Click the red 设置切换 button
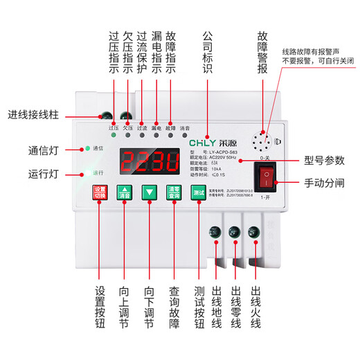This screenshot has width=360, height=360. tap(100, 192)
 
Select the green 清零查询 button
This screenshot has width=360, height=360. tap(173, 192)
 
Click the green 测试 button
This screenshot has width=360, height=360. tap(199, 192)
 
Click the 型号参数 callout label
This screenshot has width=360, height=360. tap(323, 161)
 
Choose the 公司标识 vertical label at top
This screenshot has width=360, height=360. tap(207, 50)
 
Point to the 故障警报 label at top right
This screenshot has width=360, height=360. tap(262, 50)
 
